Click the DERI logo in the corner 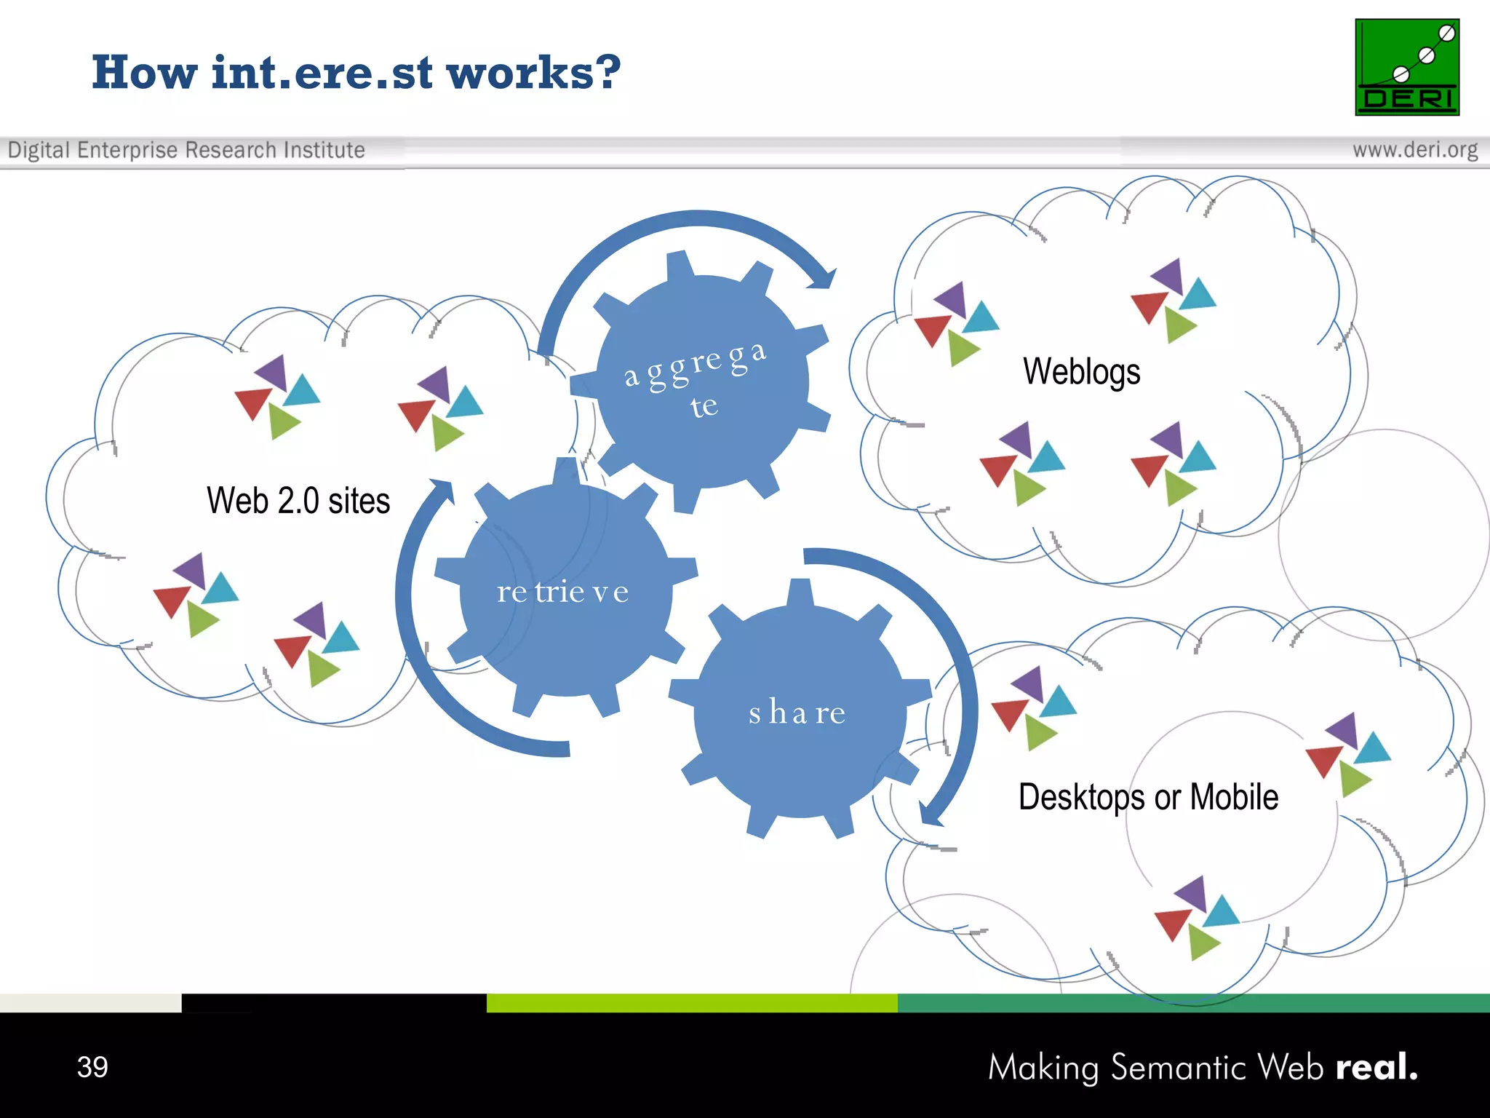(1406, 67)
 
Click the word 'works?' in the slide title (533, 73)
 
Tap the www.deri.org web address (1414, 150)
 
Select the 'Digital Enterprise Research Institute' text (186, 150)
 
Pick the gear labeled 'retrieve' (564, 591)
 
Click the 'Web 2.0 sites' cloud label (298, 501)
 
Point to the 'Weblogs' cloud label (1081, 371)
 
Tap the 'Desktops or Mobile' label (1148, 796)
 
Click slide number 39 (92, 1067)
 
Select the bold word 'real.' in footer (1377, 1067)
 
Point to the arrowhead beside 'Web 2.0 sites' (442, 491)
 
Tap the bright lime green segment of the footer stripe (691, 1003)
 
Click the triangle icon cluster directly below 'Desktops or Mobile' (1197, 917)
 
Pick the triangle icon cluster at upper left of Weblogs (956, 323)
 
